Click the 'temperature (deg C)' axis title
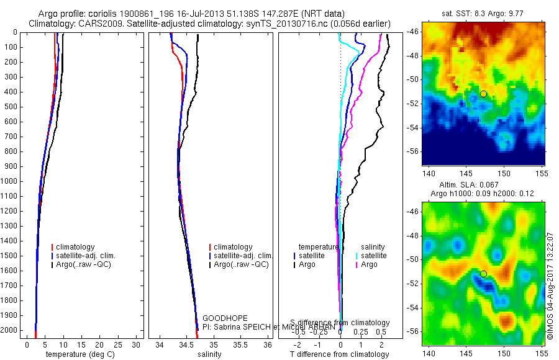tap(78, 354)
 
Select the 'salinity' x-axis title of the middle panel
tap(210, 354)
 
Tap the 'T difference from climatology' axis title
tap(339, 354)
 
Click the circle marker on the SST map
tap(483, 94)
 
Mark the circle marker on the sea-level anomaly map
tap(483, 274)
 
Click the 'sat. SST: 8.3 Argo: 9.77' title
tap(483, 13)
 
